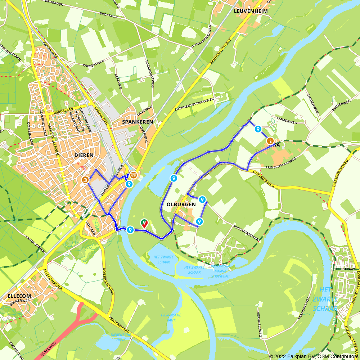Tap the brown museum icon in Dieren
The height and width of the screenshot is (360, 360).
tap(85, 180)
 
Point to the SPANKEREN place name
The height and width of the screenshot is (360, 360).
tap(138, 122)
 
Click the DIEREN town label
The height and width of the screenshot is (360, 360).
tap(84, 155)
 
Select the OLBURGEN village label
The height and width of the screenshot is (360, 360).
tap(181, 204)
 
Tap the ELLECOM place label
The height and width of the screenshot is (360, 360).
tap(18, 296)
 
